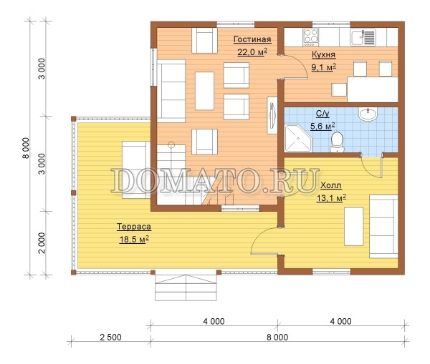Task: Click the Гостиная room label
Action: (x=252, y=39)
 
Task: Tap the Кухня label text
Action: (x=324, y=55)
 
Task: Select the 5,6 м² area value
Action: (x=322, y=127)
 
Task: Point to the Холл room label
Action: (x=331, y=185)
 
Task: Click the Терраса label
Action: (x=134, y=227)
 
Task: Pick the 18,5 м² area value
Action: (x=134, y=239)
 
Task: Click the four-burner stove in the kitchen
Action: (x=311, y=37)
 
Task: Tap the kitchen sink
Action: (x=363, y=37)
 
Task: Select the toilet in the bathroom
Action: (x=337, y=142)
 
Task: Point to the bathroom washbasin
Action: (x=368, y=114)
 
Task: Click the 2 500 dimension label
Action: (x=110, y=337)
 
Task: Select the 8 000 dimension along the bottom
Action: (x=277, y=337)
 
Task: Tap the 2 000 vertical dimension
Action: (x=42, y=243)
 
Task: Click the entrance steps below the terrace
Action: (x=186, y=287)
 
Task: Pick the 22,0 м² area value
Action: (x=252, y=51)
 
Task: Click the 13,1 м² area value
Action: (x=331, y=198)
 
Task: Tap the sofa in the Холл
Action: (x=383, y=226)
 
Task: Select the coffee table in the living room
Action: (x=204, y=91)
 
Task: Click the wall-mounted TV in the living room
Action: (x=272, y=115)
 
